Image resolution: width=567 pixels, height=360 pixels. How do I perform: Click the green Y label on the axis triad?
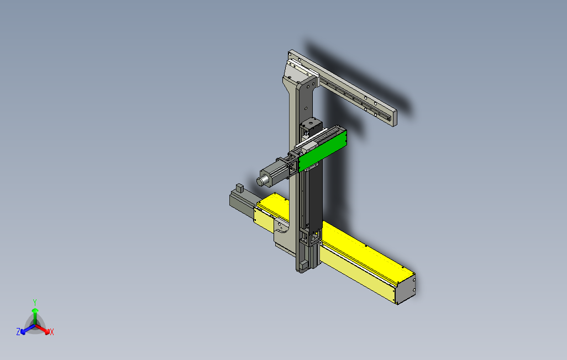click(x=35, y=302)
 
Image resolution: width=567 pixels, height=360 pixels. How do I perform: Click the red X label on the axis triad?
click(x=52, y=332)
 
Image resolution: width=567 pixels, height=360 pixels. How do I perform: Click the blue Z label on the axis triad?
click(x=18, y=331)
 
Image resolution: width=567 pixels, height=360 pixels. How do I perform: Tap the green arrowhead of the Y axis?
click(x=35, y=310)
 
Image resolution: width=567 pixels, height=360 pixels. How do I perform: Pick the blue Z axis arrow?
click(x=28, y=329)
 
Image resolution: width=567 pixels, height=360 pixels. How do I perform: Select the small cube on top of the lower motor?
click(x=240, y=188)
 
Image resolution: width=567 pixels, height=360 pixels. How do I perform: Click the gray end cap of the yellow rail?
click(x=406, y=289)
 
